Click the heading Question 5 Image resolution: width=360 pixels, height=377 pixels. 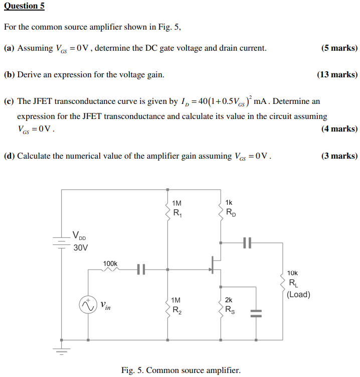pyautogui.click(x=24, y=6)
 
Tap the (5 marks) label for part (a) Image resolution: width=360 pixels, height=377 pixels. pyautogui.click(x=339, y=48)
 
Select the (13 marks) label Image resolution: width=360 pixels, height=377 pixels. pyautogui.click(x=337, y=75)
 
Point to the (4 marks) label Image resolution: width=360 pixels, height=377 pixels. pyautogui.click(x=339, y=129)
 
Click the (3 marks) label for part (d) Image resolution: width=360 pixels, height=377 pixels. pyautogui.click(x=339, y=156)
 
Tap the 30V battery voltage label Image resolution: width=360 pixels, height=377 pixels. pyautogui.click(x=80, y=247)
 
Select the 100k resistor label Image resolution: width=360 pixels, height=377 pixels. pyautogui.click(x=110, y=263)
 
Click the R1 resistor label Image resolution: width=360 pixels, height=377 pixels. pyautogui.click(x=177, y=213)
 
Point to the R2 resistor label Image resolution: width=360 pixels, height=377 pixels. pyautogui.click(x=177, y=310)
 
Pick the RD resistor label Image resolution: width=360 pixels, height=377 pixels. pyautogui.click(x=231, y=213)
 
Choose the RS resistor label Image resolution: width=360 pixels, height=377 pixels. pyautogui.click(x=230, y=310)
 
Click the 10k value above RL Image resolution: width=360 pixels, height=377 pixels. pyautogui.click(x=292, y=273)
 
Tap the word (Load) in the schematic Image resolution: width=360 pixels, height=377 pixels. pyautogui.click(x=298, y=294)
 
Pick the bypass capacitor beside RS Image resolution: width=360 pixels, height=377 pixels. pyautogui.click(x=256, y=313)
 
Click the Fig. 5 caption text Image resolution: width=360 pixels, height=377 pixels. pyautogui.click(x=181, y=370)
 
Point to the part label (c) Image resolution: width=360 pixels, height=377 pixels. pyautogui.click(x=9, y=101)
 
